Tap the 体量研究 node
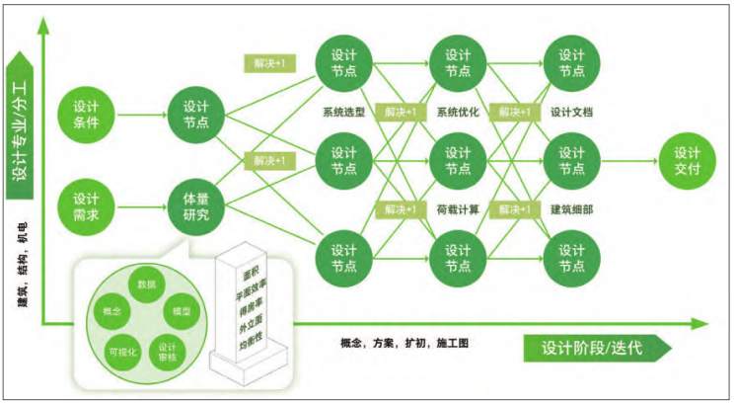195,205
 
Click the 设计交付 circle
687,162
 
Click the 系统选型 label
343,113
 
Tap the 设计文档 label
572,113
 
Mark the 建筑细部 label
572,208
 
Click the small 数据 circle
146,284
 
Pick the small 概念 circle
112,311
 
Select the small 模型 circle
180,311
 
